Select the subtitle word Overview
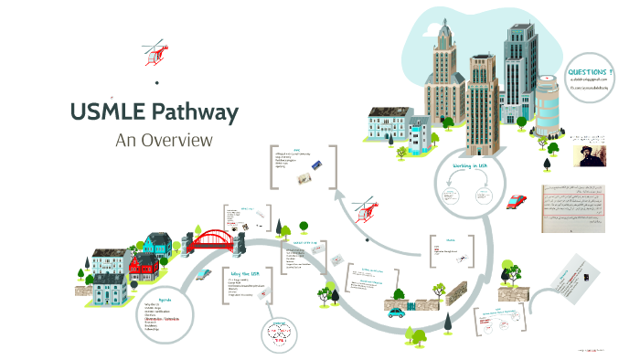(178, 140)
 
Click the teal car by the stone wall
(395, 312)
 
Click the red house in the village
(144, 266)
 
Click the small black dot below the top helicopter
(157, 82)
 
